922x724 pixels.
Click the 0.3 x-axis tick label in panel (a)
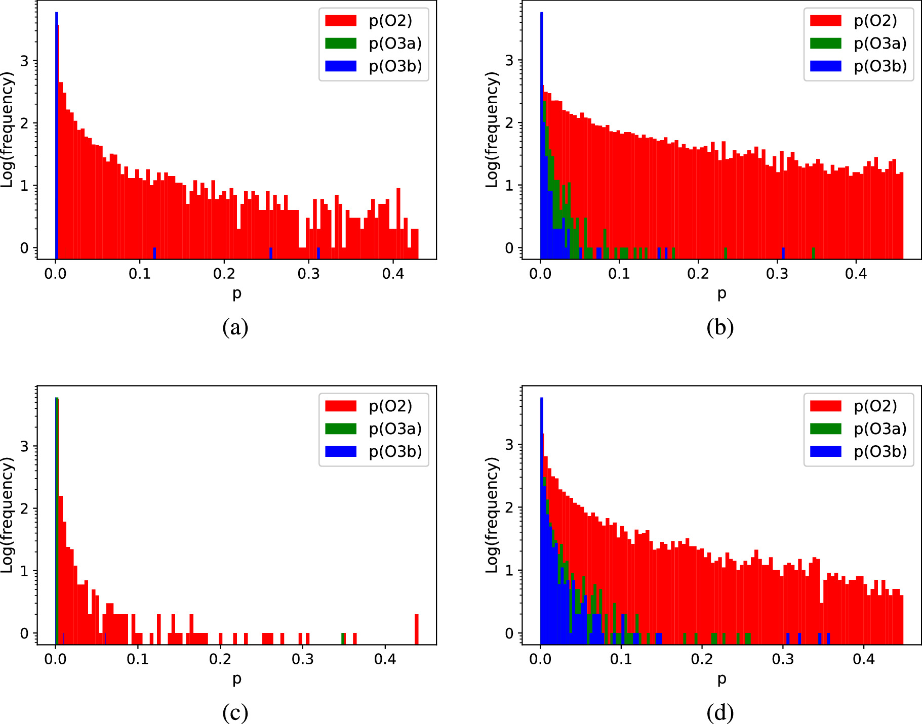click(308, 274)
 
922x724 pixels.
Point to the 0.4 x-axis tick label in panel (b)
click(856, 274)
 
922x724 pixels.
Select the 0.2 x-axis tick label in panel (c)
click(220, 659)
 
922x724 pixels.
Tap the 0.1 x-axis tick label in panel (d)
click(621, 659)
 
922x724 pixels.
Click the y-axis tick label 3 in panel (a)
click(24, 61)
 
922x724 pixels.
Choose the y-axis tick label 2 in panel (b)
click(509, 123)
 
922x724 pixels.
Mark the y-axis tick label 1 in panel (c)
click(24, 571)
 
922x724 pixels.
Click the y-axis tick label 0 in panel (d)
click(509, 633)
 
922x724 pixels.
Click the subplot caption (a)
click(235, 327)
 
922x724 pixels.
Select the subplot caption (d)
click(720, 713)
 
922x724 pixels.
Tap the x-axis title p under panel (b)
click(721, 293)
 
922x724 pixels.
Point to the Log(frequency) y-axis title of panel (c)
click(7, 515)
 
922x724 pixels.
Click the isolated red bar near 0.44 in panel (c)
click(417, 629)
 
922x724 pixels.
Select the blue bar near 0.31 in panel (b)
click(783, 253)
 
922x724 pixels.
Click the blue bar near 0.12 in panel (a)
click(154, 253)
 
